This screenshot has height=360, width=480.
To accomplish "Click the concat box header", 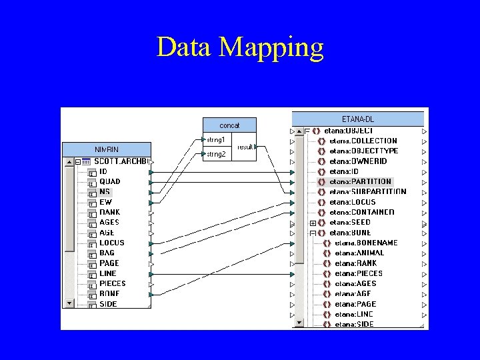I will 229,125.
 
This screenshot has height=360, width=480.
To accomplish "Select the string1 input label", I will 216,140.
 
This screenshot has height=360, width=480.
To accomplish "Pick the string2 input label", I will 216,154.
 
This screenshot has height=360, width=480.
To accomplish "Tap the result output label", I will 245,147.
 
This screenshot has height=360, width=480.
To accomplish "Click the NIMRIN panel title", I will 107,149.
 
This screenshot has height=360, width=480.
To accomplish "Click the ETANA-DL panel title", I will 358,119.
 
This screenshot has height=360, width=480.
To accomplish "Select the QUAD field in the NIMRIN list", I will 110,181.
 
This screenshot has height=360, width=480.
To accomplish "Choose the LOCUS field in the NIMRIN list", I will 112,243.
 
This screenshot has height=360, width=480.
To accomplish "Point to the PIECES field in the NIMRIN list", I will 113,283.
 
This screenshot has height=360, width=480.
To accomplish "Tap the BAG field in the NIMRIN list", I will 107,253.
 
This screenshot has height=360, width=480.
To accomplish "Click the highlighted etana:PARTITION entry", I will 361,181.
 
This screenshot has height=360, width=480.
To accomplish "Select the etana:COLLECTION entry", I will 363,141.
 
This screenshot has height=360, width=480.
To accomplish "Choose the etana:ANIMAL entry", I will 360,253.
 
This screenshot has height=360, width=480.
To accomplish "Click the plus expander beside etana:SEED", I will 313,223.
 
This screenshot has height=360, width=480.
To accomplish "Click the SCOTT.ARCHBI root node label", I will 122,161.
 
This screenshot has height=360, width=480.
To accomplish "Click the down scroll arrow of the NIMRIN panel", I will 69,303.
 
